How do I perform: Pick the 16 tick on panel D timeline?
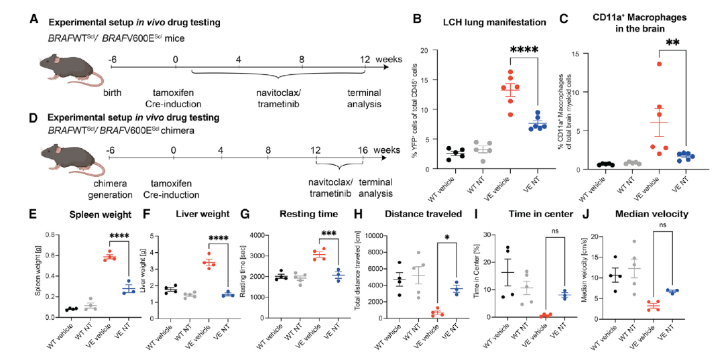click(x=363, y=150)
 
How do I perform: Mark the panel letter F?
click(x=149, y=216)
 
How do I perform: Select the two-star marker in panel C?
click(x=672, y=44)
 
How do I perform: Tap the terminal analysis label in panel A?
click(x=364, y=98)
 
